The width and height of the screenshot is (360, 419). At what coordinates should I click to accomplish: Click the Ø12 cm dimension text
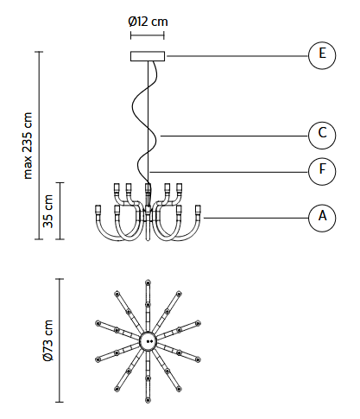click(x=148, y=22)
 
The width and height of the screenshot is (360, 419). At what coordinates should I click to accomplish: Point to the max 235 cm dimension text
click(x=28, y=146)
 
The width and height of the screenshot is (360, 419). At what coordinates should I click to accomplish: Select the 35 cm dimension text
click(x=48, y=211)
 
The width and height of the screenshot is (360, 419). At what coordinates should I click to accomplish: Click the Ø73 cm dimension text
click(x=48, y=340)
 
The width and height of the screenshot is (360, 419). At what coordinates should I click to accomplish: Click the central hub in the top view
click(x=148, y=341)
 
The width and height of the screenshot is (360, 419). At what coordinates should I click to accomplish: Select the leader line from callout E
click(x=237, y=56)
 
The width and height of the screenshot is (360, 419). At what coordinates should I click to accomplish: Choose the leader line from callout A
click(x=256, y=218)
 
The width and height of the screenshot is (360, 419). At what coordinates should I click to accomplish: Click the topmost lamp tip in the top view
click(x=148, y=282)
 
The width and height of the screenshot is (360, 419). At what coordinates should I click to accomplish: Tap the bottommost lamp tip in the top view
click(x=148, y=400)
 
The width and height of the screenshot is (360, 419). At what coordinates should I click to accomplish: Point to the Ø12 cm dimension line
click(x=148, y=35)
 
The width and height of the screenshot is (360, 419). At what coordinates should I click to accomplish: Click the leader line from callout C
click(x=234, y=136)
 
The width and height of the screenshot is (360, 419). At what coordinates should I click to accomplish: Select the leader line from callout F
click(x=229, y=172)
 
